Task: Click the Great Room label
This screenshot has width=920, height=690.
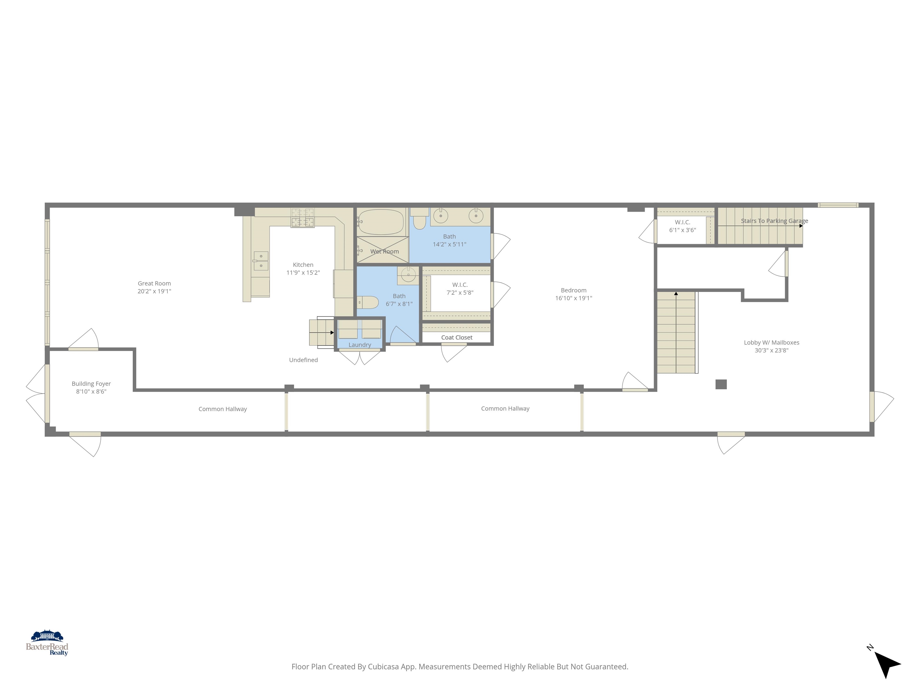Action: [154, 284]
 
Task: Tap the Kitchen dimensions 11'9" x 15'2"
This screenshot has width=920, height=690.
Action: [303, 273]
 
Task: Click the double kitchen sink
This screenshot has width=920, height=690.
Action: [261, 261]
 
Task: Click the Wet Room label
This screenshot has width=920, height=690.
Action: [384, 252]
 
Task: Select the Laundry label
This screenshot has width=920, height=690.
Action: [359, 345]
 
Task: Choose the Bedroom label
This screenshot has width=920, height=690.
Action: [574, 290]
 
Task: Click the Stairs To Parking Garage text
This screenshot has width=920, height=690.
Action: [774, 221]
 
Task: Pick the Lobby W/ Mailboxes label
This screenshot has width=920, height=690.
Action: [771, 343]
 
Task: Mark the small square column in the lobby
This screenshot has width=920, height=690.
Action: [721, 384]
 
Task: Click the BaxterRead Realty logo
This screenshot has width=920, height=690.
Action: [47, 643]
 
